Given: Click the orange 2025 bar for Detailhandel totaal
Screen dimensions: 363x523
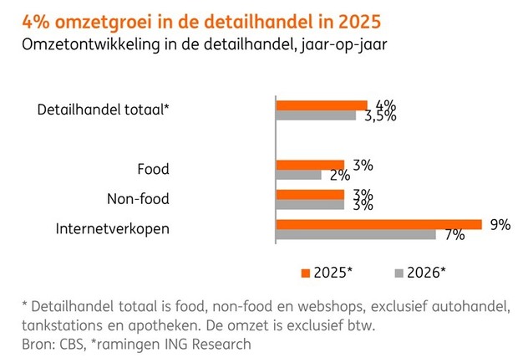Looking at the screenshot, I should [x=322, y=105].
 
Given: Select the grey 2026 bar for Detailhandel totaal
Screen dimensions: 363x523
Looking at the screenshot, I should [x=317, y=115].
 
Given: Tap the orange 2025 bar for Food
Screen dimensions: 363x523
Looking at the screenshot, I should [x=310, y=165].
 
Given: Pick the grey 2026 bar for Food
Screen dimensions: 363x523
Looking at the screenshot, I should [x=298, y=175].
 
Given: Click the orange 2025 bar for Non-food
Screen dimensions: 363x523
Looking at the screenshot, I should [x=310, y=194].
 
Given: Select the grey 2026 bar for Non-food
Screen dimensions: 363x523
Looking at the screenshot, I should [x=310, y=204].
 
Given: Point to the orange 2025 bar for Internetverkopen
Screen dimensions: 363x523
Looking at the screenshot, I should [x=378, y=224].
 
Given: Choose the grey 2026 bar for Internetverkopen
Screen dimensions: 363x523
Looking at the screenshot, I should [x=356, y=234].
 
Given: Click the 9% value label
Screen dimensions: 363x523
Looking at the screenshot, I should [x=500, y=223].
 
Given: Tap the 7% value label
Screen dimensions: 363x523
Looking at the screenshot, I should [x=454, y=235].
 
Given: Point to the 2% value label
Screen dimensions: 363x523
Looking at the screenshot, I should [x=339, y=175].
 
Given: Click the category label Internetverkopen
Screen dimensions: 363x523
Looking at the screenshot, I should [x=112, y=228].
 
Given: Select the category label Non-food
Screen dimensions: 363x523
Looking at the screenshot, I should [x=138, y=199].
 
